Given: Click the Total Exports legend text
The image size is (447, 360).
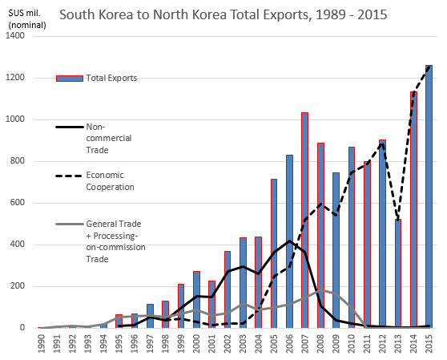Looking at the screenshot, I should [113, 78].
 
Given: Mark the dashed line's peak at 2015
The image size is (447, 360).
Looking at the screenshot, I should [429, 66].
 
